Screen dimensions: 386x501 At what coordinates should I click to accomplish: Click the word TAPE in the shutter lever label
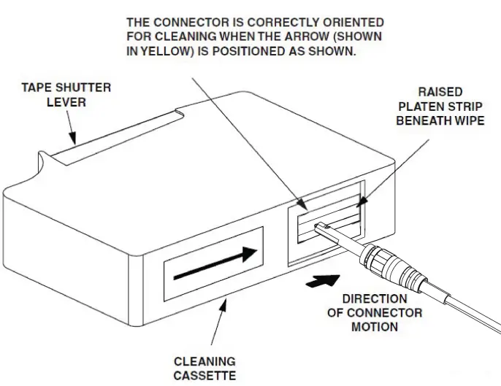tap(35, 88)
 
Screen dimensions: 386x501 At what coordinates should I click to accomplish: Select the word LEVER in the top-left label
tap(66, 102)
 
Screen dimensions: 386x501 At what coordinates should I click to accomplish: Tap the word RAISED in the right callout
tap(440, 91)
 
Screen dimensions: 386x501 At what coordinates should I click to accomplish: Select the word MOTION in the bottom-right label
tap(375, 327)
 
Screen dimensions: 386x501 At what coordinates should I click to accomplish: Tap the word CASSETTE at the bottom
tap(204, 376)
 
